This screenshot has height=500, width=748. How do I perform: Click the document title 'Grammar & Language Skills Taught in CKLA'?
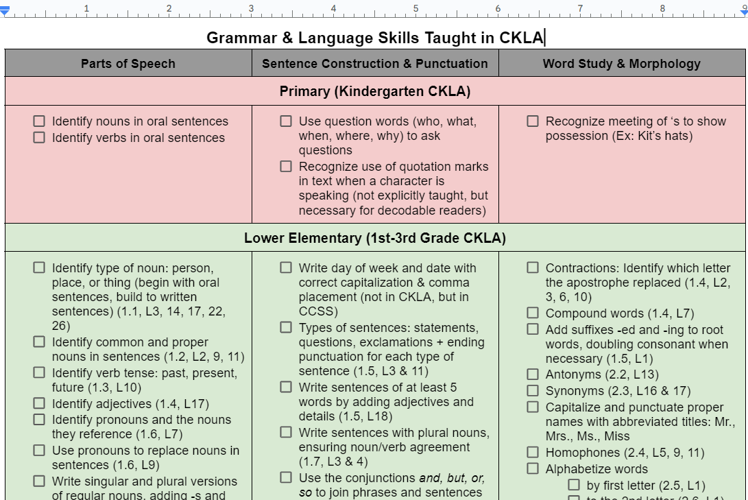[374, 38]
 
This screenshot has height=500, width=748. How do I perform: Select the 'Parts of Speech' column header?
[128, 64]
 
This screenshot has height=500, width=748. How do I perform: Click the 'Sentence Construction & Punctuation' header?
[375, 64]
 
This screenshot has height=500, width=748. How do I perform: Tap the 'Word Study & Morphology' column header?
[622, 64]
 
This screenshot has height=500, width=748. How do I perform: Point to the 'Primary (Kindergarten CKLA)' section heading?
[375, 91]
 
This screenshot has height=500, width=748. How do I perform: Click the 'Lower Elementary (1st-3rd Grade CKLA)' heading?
[375, 238]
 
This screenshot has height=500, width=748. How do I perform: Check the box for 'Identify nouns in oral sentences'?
[40, 121]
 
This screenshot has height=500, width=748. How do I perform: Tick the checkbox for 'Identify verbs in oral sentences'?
[40, 137]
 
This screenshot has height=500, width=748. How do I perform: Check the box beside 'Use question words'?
[286, 121]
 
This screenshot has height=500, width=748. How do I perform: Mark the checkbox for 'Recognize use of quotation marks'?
[286, 166]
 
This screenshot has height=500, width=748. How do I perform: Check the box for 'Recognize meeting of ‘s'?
[533, 121]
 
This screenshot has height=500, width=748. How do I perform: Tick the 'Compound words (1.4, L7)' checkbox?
[533, 313]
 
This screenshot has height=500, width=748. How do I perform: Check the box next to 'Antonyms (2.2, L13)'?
[533, 374]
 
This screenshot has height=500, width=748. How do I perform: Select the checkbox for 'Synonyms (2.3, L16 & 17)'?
[533, 390]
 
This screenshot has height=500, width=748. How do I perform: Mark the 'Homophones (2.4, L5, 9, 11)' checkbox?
[533, 452]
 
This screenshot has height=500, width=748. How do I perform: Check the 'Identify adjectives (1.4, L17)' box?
[40, 403]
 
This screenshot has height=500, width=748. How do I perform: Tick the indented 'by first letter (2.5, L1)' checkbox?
[574, 485]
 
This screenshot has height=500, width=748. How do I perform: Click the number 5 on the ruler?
[415, 8]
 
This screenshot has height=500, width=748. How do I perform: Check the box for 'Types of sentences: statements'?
[286, 327]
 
